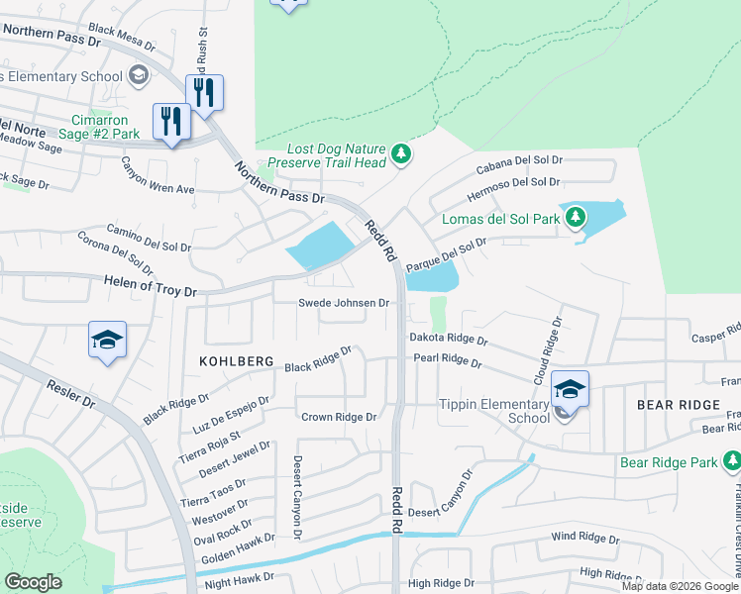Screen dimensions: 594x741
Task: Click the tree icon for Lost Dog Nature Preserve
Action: click(401, 153)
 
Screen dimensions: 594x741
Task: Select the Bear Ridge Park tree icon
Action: click(731, 461)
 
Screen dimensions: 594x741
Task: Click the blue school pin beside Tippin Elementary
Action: click(570, 389)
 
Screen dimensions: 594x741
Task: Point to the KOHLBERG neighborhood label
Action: click(236, 362)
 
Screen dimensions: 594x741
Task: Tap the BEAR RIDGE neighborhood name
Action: click(679, 406)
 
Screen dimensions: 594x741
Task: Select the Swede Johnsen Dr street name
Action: click(345, 303)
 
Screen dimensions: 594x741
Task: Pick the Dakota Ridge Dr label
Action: click(449, 339)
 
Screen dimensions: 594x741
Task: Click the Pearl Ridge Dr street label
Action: click(447, 360)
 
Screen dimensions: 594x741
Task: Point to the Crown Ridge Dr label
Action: click(339, 418)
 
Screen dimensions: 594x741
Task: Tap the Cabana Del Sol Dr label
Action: click(519, 163)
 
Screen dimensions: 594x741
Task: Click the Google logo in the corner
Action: click(33, 582)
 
